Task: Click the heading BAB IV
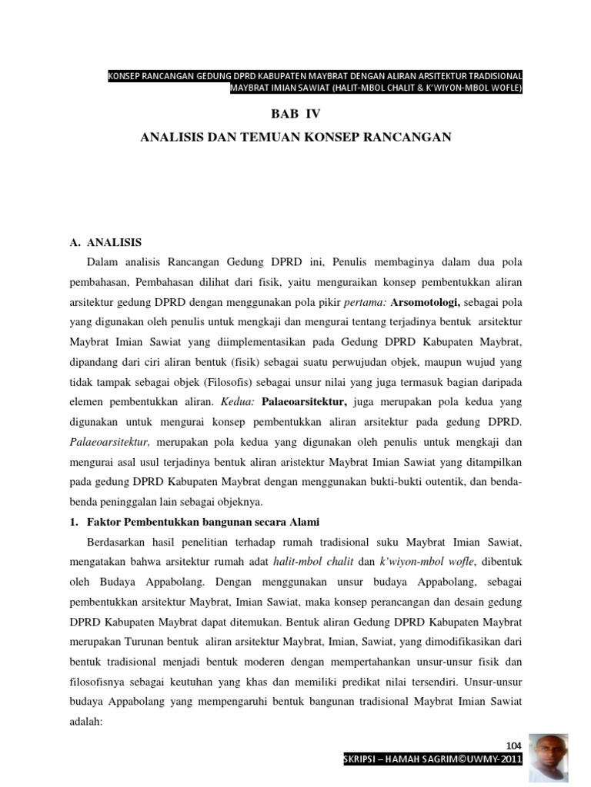coord(295,114)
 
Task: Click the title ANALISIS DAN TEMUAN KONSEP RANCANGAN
coord(295,138)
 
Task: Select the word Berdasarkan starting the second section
coord(120,542)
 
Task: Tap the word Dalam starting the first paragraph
coord(105,262)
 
